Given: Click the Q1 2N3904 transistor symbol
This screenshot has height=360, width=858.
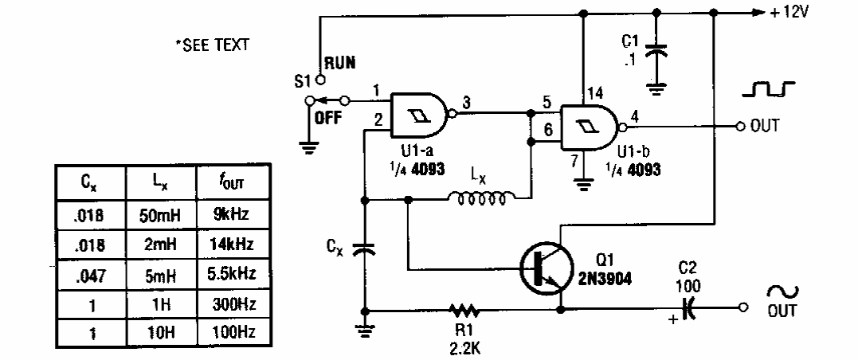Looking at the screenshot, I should pos(549,269).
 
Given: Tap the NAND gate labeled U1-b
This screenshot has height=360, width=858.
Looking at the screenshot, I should pos(589,126).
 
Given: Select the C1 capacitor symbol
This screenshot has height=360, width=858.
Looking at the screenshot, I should pos(656,54).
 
